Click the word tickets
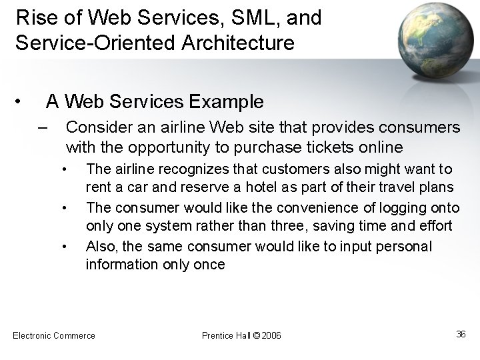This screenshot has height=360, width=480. click(x=335, y=146)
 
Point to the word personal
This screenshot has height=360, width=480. click(x=406, y=246)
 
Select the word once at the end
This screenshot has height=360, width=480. click(x=210, y=265)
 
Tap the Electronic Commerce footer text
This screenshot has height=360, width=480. click(x=54, y=335)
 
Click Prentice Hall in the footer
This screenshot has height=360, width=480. click(x=226, y=335)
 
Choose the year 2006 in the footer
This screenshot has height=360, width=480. click(x=272, y=335)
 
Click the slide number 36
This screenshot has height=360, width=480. click(x=461, y=334)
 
